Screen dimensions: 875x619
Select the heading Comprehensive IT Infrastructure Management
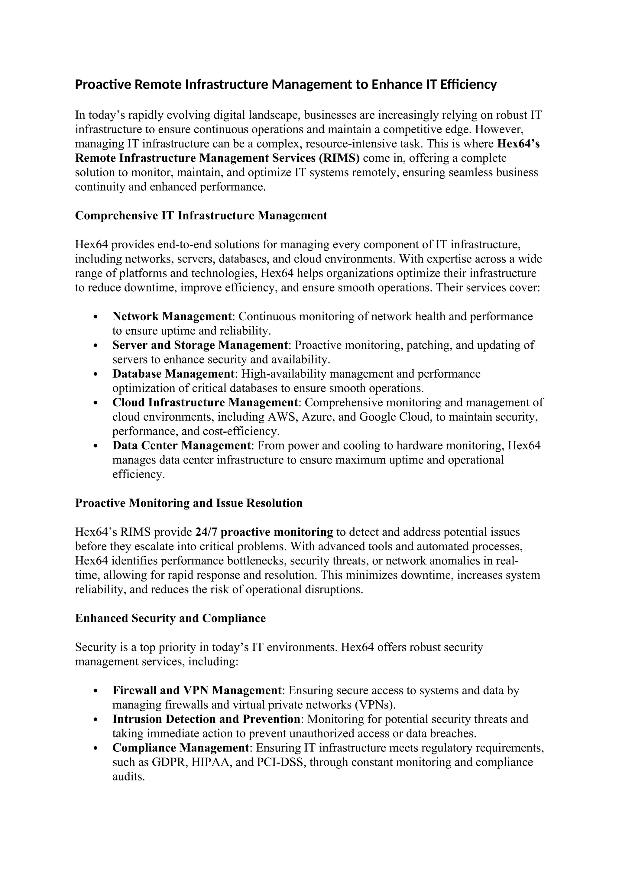point(201,216)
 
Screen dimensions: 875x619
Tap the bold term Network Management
point(172,316)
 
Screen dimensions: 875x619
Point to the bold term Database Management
point(173,374)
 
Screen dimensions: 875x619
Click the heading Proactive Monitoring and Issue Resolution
point(189,503)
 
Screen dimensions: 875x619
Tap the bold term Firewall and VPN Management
point(197,690)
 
